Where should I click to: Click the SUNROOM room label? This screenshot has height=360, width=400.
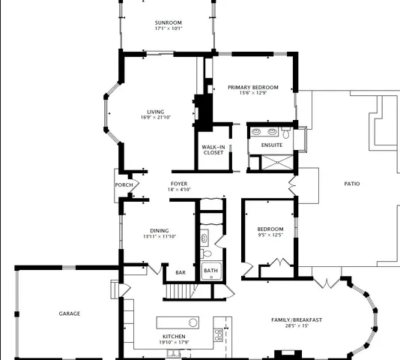[x=169, y=22]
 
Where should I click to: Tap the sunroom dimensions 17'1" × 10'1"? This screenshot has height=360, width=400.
[x=169, y=28]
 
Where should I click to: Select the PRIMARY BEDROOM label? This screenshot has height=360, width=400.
[x=253, y=87]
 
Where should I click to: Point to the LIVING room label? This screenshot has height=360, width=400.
[x=155, y=112]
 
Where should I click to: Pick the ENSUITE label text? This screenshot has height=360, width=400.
[x=272, y=145]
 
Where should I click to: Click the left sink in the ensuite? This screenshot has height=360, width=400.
[x=258, y=130]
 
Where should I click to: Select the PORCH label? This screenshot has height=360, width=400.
[x=124, y=185]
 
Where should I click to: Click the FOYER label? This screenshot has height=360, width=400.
[x=179, y=184]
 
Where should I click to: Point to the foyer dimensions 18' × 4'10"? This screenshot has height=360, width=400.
[x=179, y=190]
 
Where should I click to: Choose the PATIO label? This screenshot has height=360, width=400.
[x=351, y=183]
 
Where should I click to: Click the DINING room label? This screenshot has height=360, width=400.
[x=158, y=230]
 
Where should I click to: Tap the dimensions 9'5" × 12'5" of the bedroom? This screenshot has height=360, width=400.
[x=270, y=235]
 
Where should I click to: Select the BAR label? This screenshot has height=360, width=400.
[x=181, y=273]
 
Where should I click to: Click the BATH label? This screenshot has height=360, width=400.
[x=211, y=271]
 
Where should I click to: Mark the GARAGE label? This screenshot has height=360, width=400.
[x=70, y=313]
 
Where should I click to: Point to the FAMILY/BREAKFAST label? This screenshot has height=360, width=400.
[x=297, y=319]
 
